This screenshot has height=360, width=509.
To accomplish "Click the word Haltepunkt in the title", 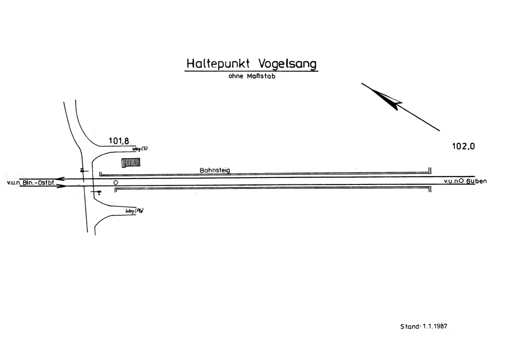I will click(219, 64).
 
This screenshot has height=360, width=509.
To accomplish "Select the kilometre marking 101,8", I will click(119, 141).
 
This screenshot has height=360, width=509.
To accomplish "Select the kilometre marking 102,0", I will click(464, 146).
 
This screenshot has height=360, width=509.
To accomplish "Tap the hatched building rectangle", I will click(131, 163).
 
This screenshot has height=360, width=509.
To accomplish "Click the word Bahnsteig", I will click(215, 170).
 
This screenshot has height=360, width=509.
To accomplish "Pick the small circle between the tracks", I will click(116, 182).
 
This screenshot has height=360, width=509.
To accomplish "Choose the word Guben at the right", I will click(476, 181).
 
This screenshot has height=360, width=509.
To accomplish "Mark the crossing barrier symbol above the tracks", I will click(83, 171).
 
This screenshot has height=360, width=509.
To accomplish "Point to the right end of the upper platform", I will click(429, 171).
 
